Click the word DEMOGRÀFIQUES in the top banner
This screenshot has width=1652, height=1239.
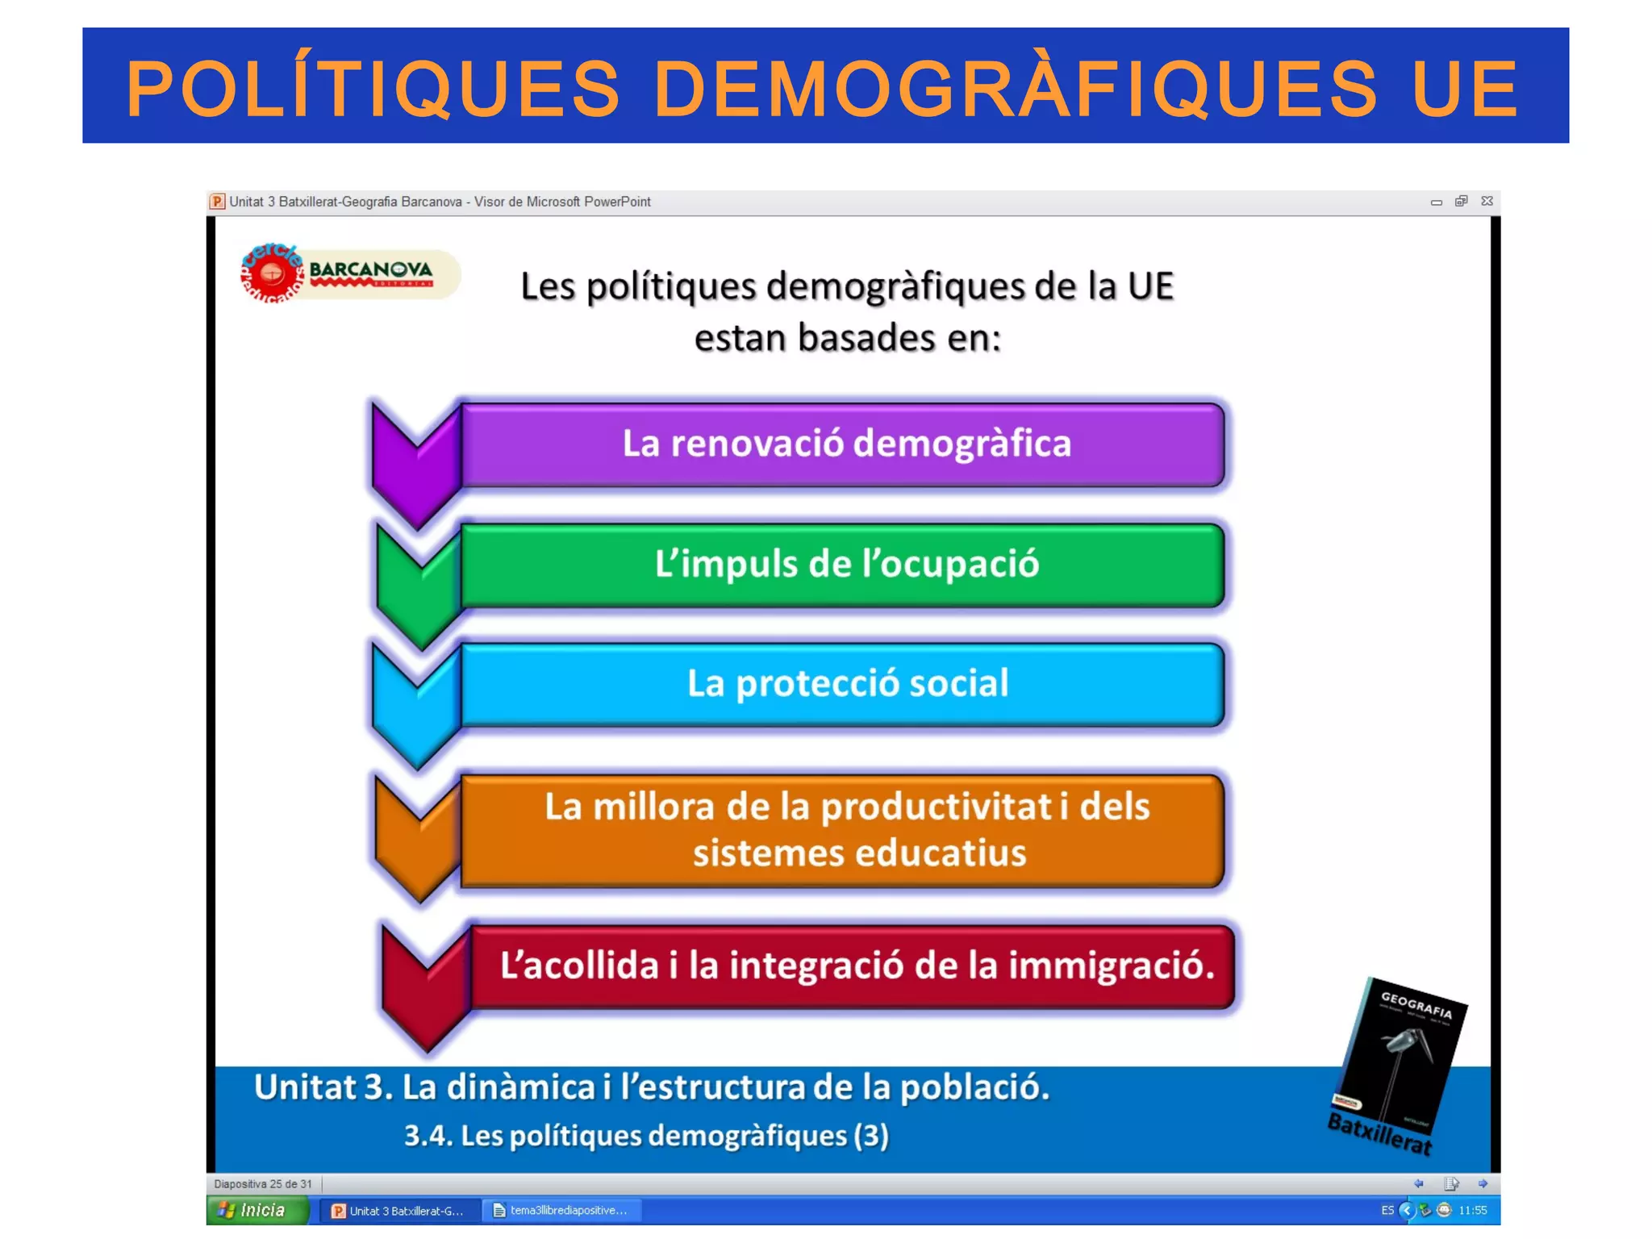click(x=1015, y=89)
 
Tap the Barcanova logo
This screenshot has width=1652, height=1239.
click(x=350, y=274)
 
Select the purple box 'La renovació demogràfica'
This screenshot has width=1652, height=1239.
click(x=844, y=444)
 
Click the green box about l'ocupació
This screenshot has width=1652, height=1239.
click(x=844, y=565)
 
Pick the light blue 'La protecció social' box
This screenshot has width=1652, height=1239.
click(x=844, y=684)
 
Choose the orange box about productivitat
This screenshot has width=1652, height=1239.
click(x=844, y=830)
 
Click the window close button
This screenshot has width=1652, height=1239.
click(x=1487, y=201)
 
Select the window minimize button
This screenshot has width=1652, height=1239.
click(x=1436, y=202)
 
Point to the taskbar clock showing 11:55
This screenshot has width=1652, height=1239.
click(x=1472, y=1210)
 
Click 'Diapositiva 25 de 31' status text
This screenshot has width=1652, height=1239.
click(x=263, y=1184)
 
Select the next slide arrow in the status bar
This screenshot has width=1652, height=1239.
click(x=1483, y=1183)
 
